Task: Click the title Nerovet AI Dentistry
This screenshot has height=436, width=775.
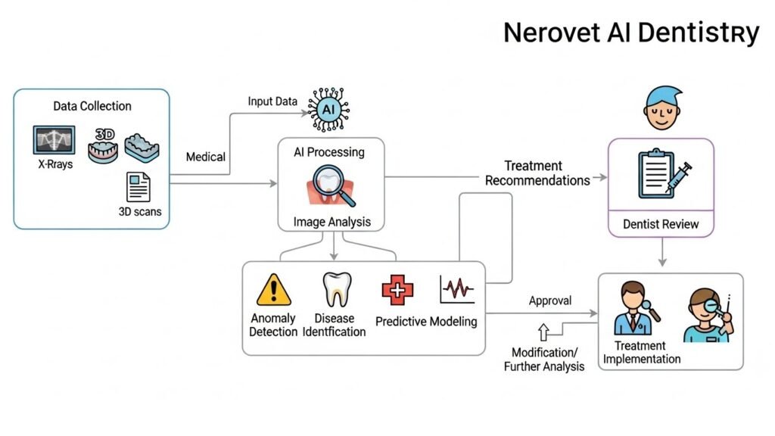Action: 630,33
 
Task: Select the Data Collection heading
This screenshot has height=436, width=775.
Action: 92,106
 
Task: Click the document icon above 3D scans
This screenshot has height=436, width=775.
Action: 139,186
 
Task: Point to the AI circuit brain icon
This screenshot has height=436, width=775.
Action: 328,110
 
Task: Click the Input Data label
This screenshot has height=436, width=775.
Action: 272,101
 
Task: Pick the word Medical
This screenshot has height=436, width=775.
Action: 206,157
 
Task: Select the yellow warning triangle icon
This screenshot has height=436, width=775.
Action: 273,290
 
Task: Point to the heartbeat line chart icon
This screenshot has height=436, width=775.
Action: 457,289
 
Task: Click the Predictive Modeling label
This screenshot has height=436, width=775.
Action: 426,322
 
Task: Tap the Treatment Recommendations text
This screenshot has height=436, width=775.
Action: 537,173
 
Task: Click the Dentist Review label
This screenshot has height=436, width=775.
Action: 661,224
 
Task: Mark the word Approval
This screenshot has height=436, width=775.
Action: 550,301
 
